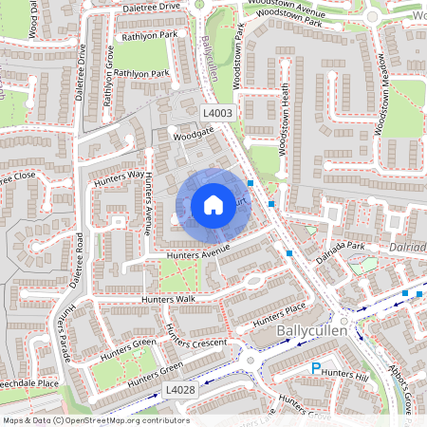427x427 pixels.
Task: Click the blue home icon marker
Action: point(213,204)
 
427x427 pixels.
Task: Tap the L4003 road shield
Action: point(218,113)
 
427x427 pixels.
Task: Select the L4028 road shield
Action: point(179,390)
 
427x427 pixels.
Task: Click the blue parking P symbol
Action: point(317,368)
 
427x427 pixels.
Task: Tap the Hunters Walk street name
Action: point(167,300)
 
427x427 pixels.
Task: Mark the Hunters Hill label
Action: point(347,375)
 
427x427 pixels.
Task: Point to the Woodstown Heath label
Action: point(283,121)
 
